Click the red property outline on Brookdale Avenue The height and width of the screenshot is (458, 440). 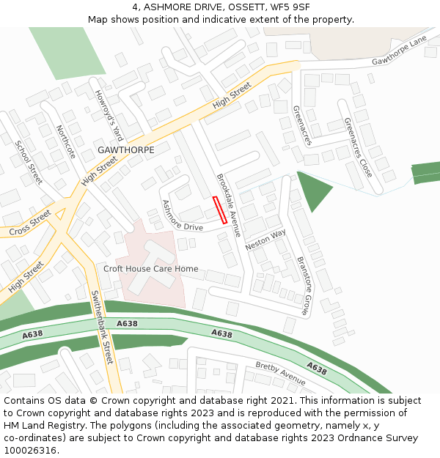tap(219, 210)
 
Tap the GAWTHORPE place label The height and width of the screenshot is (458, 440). tap(125, 149)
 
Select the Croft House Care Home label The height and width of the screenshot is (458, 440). tap(150, 269)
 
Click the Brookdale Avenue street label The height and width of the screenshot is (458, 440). tap(228, 205)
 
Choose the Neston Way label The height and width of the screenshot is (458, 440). tap(265, 240)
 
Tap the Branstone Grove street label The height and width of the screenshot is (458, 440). tap(304, 285)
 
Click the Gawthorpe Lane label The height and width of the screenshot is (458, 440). tap(399, 51)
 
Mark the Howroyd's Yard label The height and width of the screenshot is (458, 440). tap(109, 115)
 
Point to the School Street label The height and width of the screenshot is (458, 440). tap(29, 162)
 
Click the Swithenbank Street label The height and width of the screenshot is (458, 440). tap(101, 328)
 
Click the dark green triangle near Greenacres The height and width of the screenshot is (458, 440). tap(312, 188)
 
